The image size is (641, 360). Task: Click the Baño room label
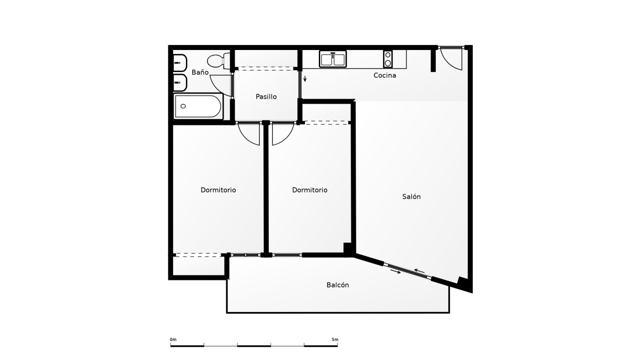(200, 72)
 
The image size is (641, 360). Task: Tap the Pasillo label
(266, 97)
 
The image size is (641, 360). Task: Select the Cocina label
(385, 75)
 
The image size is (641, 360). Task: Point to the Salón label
(411, 196)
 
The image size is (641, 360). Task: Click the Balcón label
(338, 285)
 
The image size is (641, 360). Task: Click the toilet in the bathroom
(219, 61)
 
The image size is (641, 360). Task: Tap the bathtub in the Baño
(198, 106)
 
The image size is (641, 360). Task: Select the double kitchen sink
(333, 59)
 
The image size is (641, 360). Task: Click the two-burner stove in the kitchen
(388, 59)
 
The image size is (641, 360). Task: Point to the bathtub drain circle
(183, 106)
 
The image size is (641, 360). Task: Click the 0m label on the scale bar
(173, 340)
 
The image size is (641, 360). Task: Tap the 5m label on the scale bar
(335, 340)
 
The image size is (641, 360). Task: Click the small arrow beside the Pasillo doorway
(305, 79)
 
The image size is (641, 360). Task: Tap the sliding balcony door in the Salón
(407, 270)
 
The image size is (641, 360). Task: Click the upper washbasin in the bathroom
(180, 63)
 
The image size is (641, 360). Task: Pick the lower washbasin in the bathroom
(180, 83)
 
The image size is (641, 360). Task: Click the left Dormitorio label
(218, 190)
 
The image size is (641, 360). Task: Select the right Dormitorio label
(310, 190)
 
